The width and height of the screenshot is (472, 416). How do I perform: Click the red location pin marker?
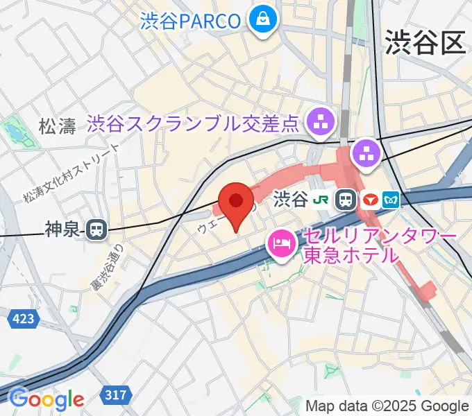point(236,202)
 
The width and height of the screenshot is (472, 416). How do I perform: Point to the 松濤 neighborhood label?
point(57,126)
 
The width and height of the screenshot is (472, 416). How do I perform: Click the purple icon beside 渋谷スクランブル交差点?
point(321,123)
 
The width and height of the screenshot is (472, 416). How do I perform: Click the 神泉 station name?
point(64,229)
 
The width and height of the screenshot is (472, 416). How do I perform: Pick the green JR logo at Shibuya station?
point(321,200)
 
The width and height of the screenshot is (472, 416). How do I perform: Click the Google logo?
point(46,399)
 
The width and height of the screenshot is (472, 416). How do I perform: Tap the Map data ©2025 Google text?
point(387,406)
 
